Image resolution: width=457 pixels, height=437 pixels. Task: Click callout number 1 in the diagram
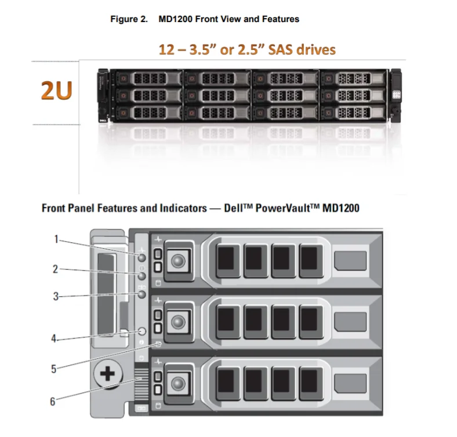tap(56, 239)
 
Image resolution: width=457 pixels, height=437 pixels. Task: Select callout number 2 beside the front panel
tap(55, 269)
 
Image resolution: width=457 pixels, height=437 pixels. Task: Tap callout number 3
tap(56, 296)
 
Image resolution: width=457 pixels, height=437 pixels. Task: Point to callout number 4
tap(54, 338)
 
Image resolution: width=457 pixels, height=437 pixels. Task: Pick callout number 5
tap(53, 369)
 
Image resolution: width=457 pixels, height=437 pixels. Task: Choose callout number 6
tap(53, 402)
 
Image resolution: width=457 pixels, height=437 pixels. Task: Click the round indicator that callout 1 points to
tap(142, 258)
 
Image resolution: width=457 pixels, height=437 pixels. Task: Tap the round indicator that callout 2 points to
tap(142, 276)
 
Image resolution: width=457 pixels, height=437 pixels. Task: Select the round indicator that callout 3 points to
tap(142, 294)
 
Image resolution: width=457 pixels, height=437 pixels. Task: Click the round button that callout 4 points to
tap(142, 332)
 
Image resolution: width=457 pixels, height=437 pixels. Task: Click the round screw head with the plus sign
tap(108, 374)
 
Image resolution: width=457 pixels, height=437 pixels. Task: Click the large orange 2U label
tap(56, 90)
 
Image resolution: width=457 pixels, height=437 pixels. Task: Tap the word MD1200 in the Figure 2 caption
tap(176, 19)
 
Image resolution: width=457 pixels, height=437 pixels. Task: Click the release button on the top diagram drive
tap(178, 260)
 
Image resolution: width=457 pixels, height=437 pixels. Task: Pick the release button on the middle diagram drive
tap(178, 322)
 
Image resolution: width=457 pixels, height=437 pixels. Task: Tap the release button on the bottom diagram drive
tap(178, 384)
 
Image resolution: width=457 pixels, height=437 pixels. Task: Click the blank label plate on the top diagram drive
tap(350, 261)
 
